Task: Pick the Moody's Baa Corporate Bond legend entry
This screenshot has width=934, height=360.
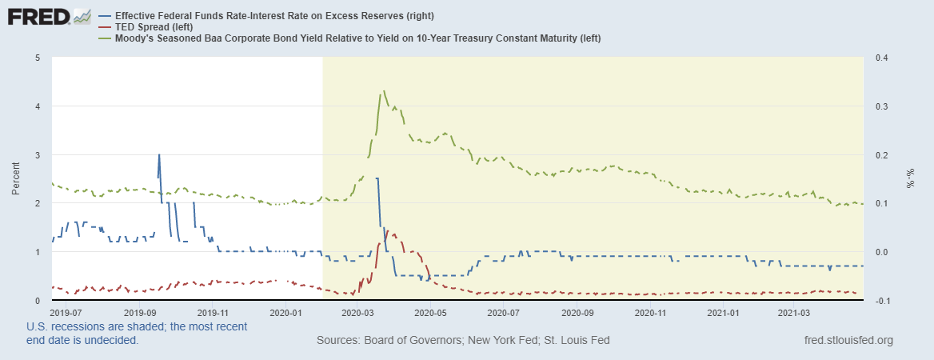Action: pyautogui.click(x=357, y=38)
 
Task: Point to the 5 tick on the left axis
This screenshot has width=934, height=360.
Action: pyautogui.click(x=38, y=58)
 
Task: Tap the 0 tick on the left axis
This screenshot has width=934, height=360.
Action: pyautogui.click(x=38, y=300)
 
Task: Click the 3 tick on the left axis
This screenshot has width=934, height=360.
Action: pyautogui.click(x=38, y=154)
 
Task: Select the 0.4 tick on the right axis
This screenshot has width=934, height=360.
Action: pyautogui.click(x=881, y=58)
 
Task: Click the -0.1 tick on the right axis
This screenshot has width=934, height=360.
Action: pyautogui.click(x=883, y=300)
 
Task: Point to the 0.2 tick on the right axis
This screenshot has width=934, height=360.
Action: pyautogui.click(x=881, y=154)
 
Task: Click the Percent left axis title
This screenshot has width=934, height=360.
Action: pyautogui.click(x=16, y=178)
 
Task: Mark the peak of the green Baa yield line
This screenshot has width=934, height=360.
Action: pyautogui.click(x=385, y=91)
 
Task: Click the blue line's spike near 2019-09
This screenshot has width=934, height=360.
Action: pyautogui.click(x=159, y=155)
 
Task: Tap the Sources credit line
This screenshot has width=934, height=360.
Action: pyautogui.click(x=463, y=340)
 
